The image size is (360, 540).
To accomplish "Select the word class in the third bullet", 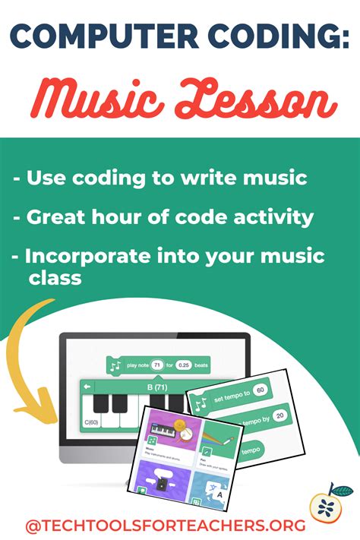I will tap(55, 278).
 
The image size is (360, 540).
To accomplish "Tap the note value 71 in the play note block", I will tap(156, 365).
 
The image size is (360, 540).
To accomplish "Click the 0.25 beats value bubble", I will tap(184, 365).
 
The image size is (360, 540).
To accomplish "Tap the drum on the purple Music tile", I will tap(177, 431).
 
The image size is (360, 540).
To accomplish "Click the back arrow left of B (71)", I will tap(87, 387).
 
